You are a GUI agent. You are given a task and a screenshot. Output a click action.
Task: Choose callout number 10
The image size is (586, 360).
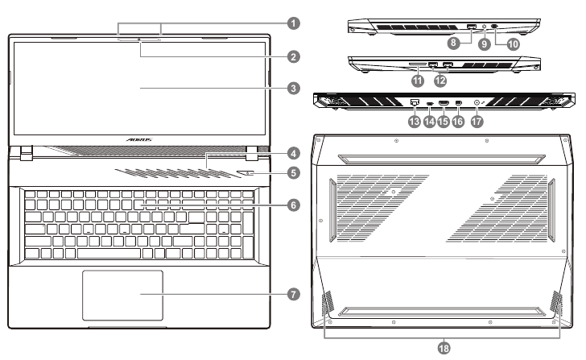pyautogui.click(x=512, y=45)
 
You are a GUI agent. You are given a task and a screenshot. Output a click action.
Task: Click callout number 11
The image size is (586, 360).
pyautogui.click(x=415, y=81)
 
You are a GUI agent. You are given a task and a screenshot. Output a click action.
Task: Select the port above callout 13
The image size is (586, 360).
pyautogui.click(x=414, y=103)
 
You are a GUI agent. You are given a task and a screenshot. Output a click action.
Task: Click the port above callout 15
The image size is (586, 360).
pyautogui.click(x=444, y=103)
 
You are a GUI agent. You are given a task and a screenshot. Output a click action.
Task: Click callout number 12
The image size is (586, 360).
pyautogui.click(x=439, y=81)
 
